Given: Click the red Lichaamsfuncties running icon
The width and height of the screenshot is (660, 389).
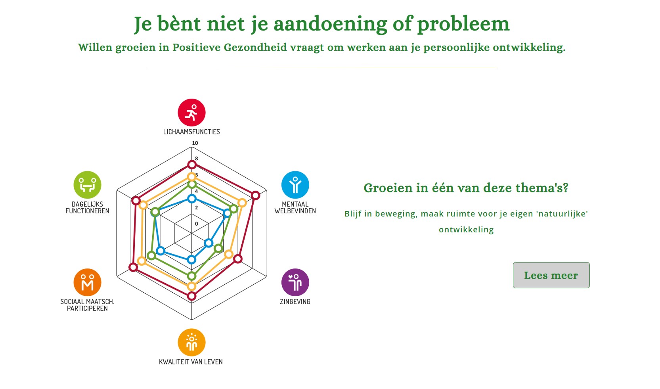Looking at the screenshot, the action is pyautogui.click(x=191, y=113).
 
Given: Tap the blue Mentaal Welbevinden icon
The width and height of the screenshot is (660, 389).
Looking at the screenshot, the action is pyautogui.click(x=295, y=185).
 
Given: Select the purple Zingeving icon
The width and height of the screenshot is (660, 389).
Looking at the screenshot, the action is pyautogui.click(x=295, y=282).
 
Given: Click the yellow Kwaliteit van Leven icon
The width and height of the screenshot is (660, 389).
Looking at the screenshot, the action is pyautogui.click(x=191, y=343).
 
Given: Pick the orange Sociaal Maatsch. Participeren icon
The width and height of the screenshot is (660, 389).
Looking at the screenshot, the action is pyautogui.click(x=88, y=282).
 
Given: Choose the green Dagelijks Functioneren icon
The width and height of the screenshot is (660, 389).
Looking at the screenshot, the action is pyautogui.click(x=88, y=185).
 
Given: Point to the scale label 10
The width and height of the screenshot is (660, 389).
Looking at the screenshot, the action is pyautogui.click(x=195, y=143).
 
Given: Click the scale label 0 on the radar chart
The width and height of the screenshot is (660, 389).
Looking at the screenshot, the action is pyautogui.click(x=197, y=224).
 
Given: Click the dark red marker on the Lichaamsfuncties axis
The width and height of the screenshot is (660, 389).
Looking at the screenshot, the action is pyautogui.click(x=192, y=165).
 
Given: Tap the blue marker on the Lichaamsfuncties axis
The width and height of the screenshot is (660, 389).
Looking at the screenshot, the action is pyautogui.click(x=192, y=199).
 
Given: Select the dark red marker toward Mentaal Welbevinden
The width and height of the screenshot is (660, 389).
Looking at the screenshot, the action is pyautogui.click(x=256, y=195).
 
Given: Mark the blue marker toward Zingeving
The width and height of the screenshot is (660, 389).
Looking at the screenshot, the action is pyautogui.click(x=209, y=243).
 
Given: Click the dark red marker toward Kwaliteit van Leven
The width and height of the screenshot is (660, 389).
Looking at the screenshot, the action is pyautogui.click(x=192, y=296).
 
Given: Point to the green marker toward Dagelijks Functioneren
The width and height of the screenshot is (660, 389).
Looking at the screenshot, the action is pyautogui.click(x=155, y=212).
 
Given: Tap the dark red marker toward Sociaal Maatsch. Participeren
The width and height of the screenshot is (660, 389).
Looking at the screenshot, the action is pyautogui.click(x=133, y=267).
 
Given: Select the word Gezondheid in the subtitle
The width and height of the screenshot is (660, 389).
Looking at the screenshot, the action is pyautogui.click(x=255, y=47).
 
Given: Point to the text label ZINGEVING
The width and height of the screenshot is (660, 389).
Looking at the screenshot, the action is pyautogui.click(x=295, y=302).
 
